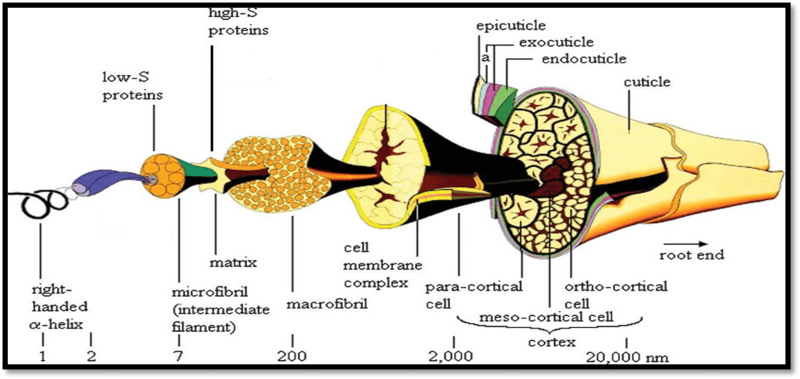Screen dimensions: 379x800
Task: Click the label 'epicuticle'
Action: click(x=511, y=25)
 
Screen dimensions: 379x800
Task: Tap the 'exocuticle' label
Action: click(x=556, y=42)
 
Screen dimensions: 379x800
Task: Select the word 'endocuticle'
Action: click(x=584, y=59)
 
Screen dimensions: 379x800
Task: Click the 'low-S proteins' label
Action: click(x=132, y=87)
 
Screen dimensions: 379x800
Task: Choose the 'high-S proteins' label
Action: click(x=238, y=21)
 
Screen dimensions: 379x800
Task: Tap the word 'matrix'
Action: click(x=233, y=263)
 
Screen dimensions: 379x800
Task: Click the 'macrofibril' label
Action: click(x=327, y=303)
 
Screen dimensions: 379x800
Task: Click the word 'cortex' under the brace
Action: click(x=551, y=342)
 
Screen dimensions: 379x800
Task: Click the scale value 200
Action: click(x=292, y=356)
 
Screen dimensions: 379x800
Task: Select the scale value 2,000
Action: click(x=453, y=356)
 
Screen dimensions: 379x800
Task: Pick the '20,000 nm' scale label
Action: click(x=627, y=357)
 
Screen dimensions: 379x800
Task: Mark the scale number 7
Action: click(x=178, y=356)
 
